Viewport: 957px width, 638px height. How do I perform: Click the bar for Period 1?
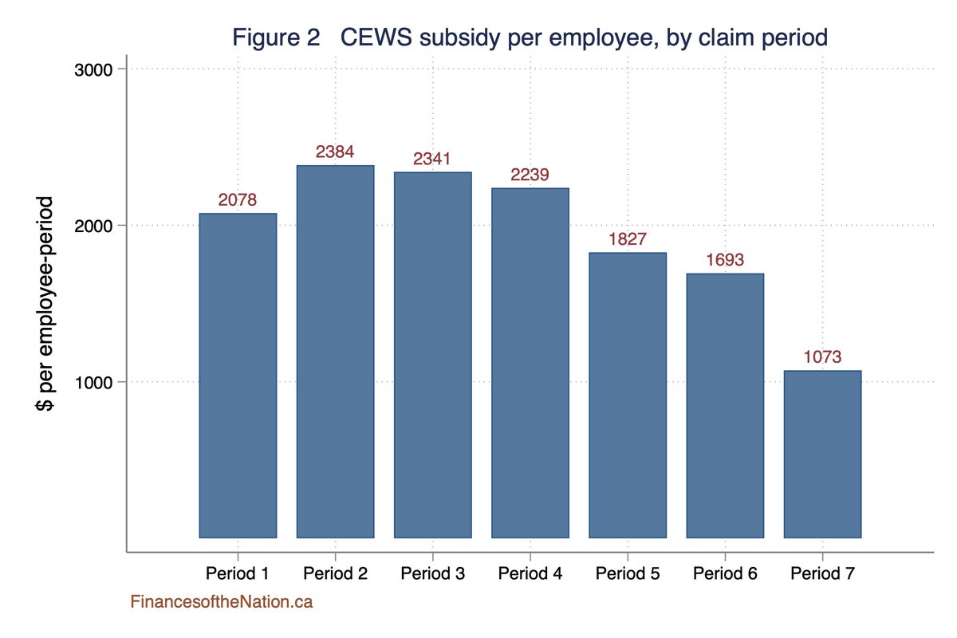point(238,375)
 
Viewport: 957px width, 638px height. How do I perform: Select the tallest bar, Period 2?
point(335,351)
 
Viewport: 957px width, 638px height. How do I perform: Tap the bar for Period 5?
point(628,395)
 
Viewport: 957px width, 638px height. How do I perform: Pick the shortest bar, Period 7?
point(822,454)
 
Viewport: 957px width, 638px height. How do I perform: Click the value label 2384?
point(335,152)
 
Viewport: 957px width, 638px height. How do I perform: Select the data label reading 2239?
point(530,175)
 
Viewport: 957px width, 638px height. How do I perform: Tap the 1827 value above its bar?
point(628,239)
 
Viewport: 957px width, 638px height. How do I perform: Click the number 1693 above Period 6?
point(725,260)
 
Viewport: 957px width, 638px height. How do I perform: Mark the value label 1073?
point(822,357)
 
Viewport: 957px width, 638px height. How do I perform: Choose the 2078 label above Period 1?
point(238,200)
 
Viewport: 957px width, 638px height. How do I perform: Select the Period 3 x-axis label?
point(432,573)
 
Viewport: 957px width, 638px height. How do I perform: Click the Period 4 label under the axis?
point(530,573)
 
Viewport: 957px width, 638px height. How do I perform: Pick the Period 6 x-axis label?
point(725,573)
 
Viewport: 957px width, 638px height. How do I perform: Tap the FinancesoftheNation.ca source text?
point(222,603)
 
